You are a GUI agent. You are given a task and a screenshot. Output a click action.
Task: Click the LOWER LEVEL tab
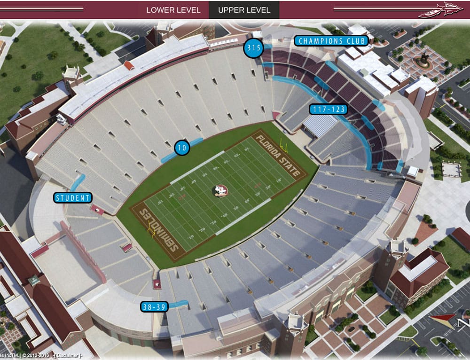(x=173, y=10)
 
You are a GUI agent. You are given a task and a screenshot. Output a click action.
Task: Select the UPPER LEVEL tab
(x=244, y=10)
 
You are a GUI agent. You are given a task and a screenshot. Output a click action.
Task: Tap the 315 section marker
(x=253, y=48)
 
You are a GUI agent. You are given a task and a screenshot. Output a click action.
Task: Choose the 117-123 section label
(x=328, y=110)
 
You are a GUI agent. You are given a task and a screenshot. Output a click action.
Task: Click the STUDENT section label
(x=72, y=198)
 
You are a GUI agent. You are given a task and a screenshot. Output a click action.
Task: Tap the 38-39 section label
(x=154, y=307)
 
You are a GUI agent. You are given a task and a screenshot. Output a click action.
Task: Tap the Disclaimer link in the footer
(x=68, y=355)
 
